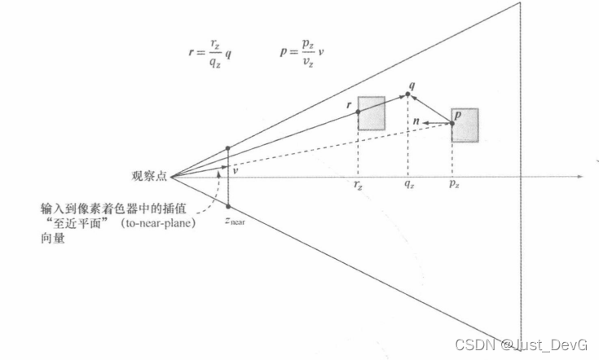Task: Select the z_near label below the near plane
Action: pyautogui.click(x=235, y=221)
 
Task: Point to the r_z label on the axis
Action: pyautogui.click(x=358, y=187)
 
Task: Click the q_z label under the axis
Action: pyautogui.click(x=407, y=187)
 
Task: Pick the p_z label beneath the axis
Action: pyautogui.click(x=452, y=187)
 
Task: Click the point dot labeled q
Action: pyautogui.click(x=407, y=94)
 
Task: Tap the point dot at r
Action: pyautogui.click(x=358, y=111)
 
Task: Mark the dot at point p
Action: pyautogui.click(x=453, y=124)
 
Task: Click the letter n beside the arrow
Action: pyautogui.click(x=416, y=121)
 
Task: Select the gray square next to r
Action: pyautogui.click(x=372, y=113)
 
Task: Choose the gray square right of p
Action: pyautogui.click(x=465, y=125)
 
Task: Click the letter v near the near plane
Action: pyautogui.click(x=235, y=171)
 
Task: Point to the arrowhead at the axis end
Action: pyautogui.click(x=580, y=176)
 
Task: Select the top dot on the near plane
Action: pyautogui.click(x=228, y=148)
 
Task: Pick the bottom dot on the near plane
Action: pyautogui.click(x=228, y=206)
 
